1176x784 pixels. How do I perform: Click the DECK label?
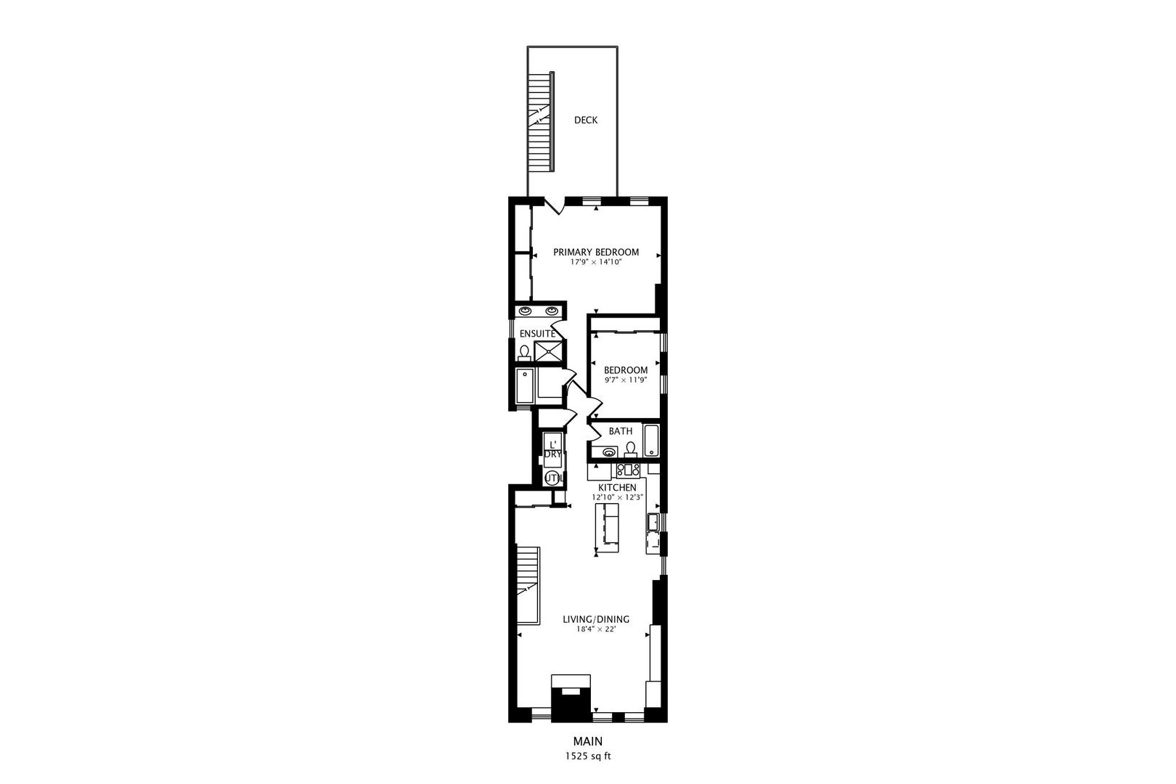pyautogui.click(x=585, y=121)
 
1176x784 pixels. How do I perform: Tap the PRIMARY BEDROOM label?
pyautogui.click(x=596, y=253)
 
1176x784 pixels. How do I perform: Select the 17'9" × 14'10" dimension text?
pyautogui.click(x=596, y=263)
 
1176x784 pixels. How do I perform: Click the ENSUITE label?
pyautogui.click(x=537, y=334)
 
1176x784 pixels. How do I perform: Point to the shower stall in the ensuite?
pyautogui.click(x=549, y=351)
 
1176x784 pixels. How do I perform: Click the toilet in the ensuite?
pyautogui.click(x=525, y=352)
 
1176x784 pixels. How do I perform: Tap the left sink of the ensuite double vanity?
pyautogui.click(x=526, y=311)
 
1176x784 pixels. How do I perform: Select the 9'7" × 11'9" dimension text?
pyautogui.click(x=625, y=380)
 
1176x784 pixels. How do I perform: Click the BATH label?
pyautogui.click(x=620, y=431)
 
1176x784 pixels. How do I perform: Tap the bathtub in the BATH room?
pyautogui.click(x=651, y=441)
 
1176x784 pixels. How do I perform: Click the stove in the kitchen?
pyautogui.click(x=627, y=469)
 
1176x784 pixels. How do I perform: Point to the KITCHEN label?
pyautogui.click(x=617, y=487)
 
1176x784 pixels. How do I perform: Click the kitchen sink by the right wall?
pyautogui.click(x=653, y=521)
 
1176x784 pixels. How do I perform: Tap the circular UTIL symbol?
pyautogui.click(x=552, y=478)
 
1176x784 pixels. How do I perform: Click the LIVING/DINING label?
pyautogui.click(x=596, y=620)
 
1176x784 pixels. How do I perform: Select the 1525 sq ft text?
pyautogui.click(x=588, y=756)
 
